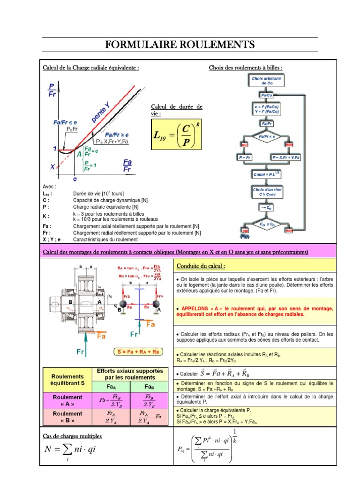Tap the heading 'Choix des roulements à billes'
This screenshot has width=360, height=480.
pyautogui.click(x=246, y=68)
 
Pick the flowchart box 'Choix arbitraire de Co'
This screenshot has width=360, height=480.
pyautogui.click(x=267, y=81)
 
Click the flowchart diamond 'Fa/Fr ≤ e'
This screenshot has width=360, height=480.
pyautogui.click(x=267, y=136)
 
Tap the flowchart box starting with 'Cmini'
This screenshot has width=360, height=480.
pyautogui.click(x=267, y=174)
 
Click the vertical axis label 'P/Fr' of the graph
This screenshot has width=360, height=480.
pyautogui.click(x=52, y=90)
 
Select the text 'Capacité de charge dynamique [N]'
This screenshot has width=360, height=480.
pyautogui.click(x=110, y=200)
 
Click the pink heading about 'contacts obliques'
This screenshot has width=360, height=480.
pyautogui.click(x=176, y=252)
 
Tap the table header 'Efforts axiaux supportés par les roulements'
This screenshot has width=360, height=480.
pyautogui.click(x=131, y=373)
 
